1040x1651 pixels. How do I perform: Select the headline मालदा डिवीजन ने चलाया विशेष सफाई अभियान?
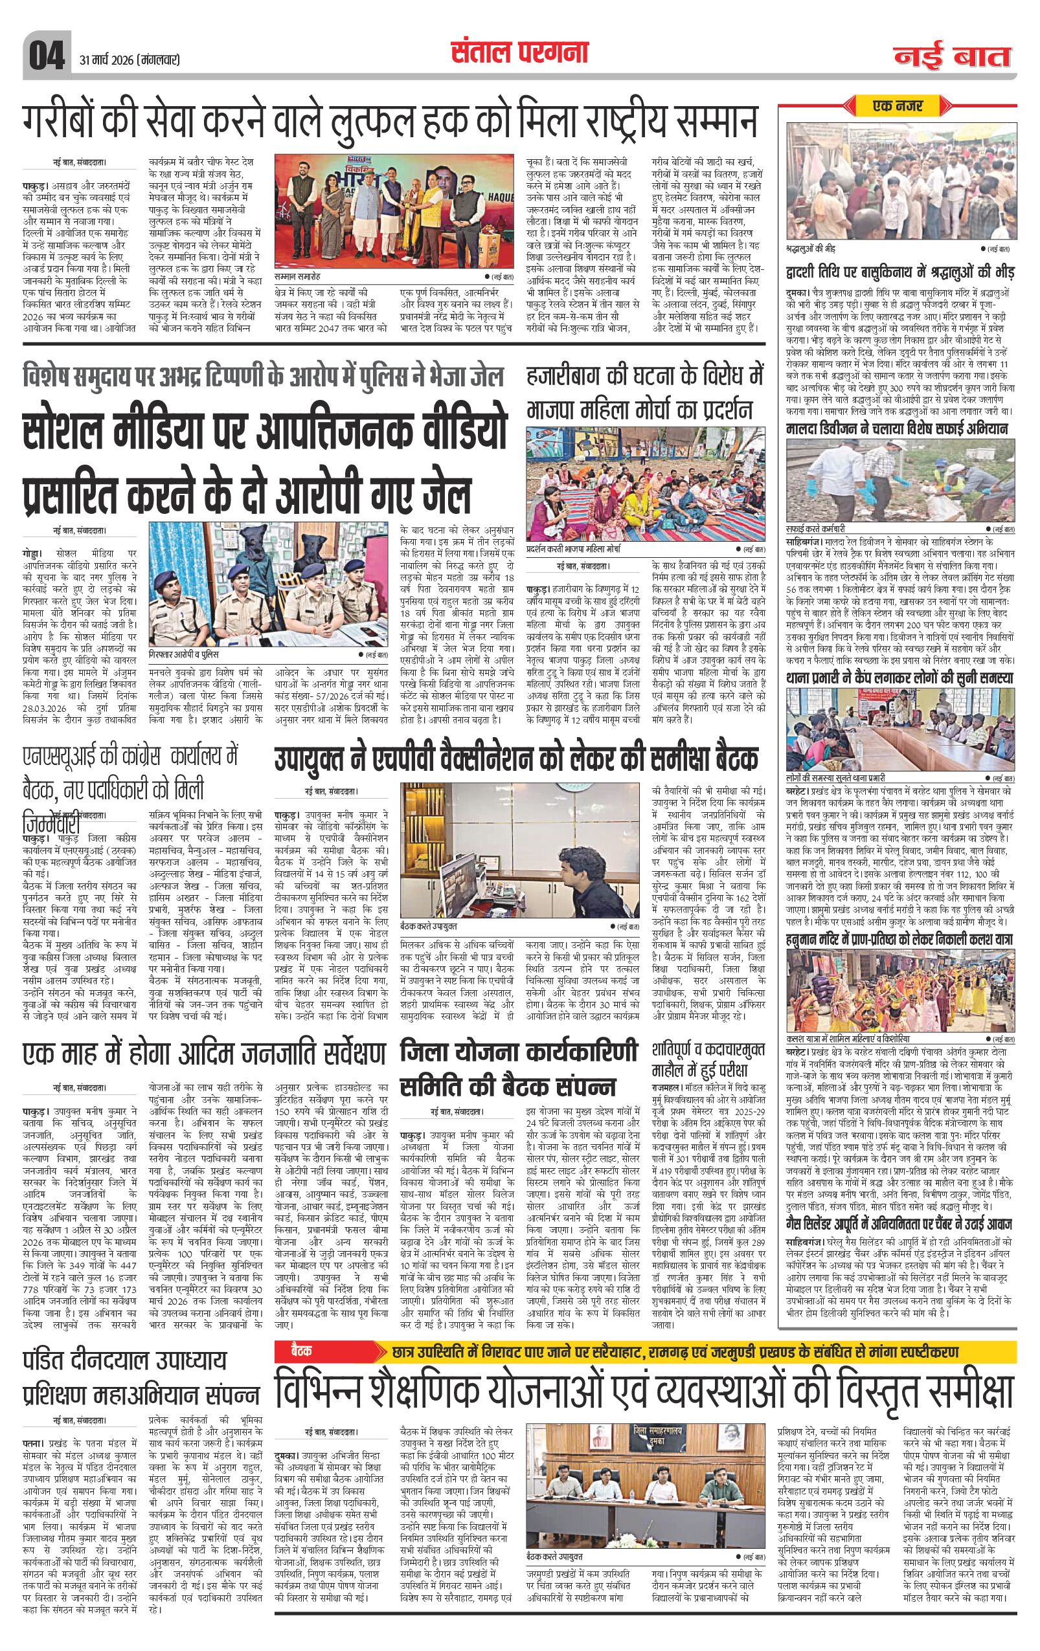tap(897, 430)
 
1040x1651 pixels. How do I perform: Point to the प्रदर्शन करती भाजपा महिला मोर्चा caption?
tap(582, 549)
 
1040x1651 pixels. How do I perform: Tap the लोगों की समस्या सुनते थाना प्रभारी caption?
tap(836, 778)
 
